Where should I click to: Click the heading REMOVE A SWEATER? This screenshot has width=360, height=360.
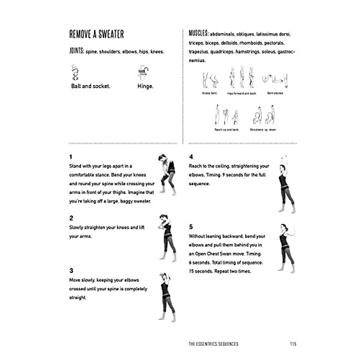96,34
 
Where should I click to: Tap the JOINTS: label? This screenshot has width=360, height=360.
76,51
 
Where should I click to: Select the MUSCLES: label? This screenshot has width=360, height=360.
198,33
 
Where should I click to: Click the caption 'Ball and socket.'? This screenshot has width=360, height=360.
91,86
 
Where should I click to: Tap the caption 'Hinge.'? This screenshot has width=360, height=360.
145,86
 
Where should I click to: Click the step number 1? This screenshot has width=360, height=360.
71,157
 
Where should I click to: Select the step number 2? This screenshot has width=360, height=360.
71,218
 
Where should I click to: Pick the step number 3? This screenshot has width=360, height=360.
71,271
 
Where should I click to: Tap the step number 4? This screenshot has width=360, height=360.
191,157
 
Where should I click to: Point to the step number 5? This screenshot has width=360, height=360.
191,227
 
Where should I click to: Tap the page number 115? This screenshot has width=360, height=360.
293,344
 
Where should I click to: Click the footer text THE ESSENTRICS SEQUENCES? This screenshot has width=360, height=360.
213,344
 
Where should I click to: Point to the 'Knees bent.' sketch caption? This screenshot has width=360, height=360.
209,94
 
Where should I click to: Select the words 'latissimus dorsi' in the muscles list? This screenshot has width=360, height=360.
273,34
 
